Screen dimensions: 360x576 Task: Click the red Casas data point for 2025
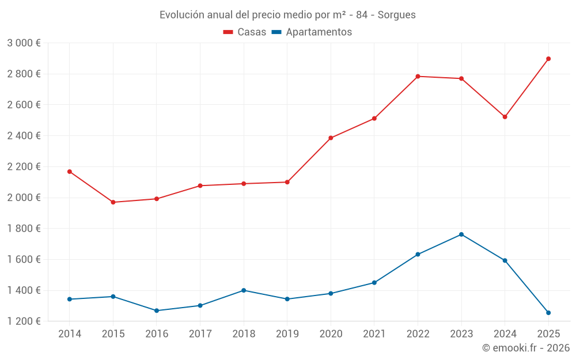click(548, 59)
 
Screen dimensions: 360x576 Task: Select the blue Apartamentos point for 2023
click(461, 234)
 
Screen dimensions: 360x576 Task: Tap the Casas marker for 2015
click(113, 202)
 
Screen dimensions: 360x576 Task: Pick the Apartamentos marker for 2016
click(157, 310)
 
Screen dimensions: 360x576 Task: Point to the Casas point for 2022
click(418, 76)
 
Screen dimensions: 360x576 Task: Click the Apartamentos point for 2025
click(548, 313)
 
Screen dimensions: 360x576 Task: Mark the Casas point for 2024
click(505, 117)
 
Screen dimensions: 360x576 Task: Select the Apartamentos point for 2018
click(244, 290)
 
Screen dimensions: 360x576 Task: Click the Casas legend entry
click(245, 32)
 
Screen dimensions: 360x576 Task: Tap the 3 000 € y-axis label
click(24, 43)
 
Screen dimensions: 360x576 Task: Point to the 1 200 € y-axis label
click(24, 321)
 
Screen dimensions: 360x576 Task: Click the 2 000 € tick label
click(24, 198)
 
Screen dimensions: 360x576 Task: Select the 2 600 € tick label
click(24, 105)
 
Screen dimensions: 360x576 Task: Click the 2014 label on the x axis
click(70, 334)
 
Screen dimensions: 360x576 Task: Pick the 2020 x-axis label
click(331, 334)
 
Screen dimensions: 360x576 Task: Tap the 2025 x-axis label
click(548, 334)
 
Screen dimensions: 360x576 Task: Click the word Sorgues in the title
click(397, 15)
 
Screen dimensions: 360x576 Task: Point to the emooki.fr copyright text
click(526, 348)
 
